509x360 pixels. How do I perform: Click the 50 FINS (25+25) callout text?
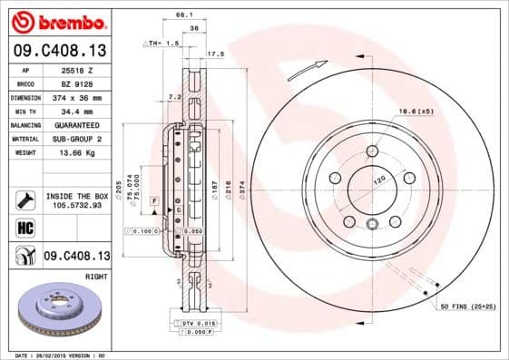469,309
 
